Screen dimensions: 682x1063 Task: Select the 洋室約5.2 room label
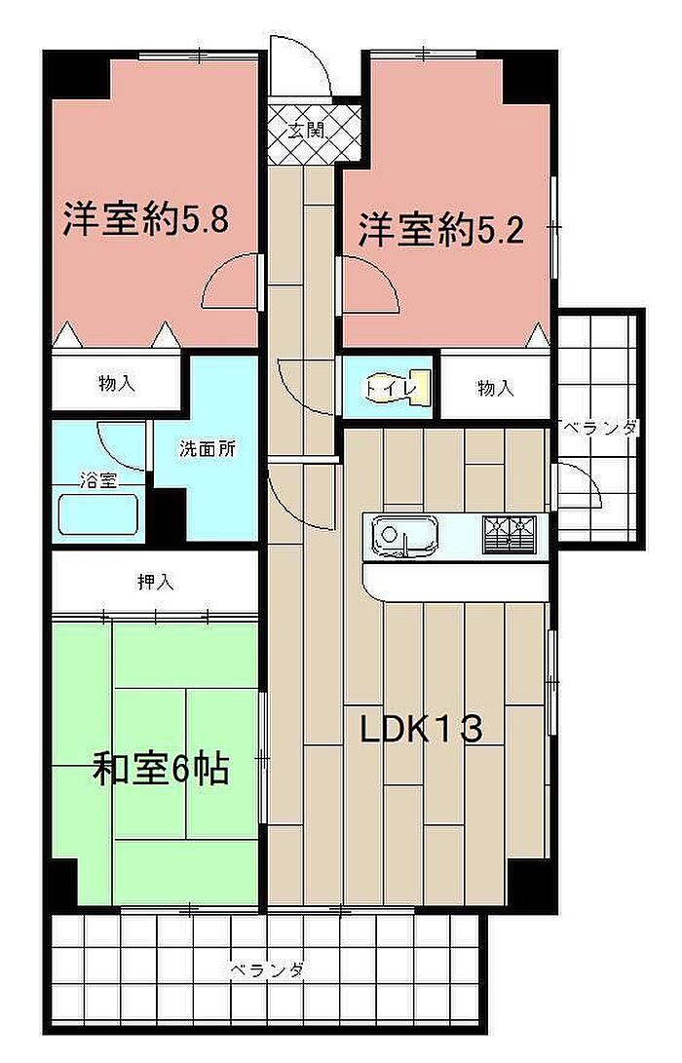pyautogui.click(x=441, y=229)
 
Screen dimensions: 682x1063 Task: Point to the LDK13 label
pyautogui.click(x=422, y=729)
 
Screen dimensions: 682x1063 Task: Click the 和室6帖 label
pyautogui.click(x=161, y=769)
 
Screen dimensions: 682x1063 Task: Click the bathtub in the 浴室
pyautogui.click(x=98, y=513)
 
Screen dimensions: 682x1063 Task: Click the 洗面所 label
pyautogui.click(x=208, y=449)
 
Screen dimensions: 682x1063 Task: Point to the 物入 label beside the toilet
pyautogui.click(x=496, y=389)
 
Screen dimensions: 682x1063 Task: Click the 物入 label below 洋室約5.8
pyautogui.click(x=117, y=384)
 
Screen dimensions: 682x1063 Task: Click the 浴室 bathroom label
pyautogui.click(x=99, y=481)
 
